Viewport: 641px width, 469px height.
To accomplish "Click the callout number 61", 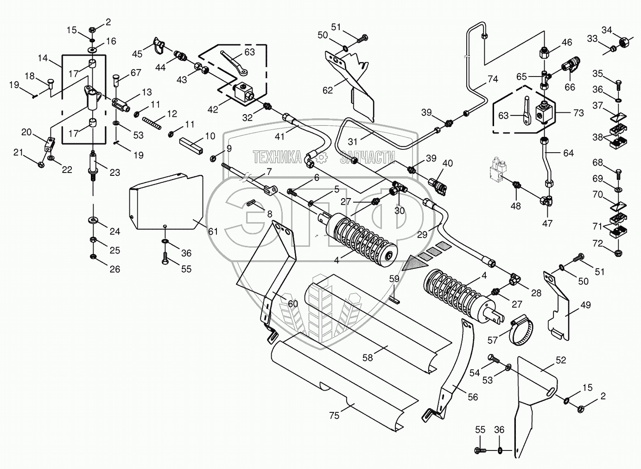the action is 213,231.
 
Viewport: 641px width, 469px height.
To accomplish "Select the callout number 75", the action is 334,416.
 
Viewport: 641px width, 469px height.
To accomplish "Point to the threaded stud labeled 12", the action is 152,122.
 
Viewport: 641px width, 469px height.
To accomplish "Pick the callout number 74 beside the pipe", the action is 493,79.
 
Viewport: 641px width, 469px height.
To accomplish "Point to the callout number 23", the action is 115,173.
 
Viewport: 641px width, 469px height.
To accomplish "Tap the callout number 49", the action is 585,305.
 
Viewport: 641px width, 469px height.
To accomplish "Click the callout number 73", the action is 578,113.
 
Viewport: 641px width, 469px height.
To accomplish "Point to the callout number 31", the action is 353,141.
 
